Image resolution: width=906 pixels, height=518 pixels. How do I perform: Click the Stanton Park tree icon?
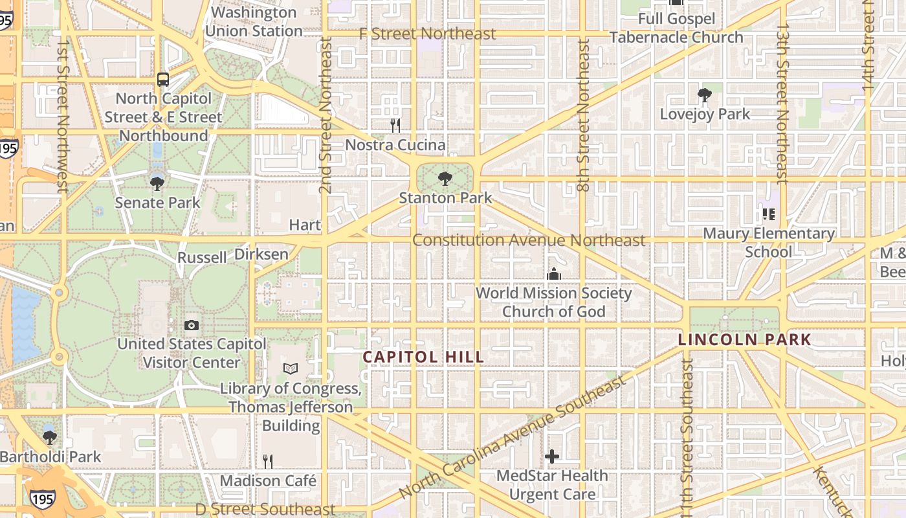click(445, 179)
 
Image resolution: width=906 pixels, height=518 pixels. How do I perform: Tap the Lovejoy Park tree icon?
click(704, 96)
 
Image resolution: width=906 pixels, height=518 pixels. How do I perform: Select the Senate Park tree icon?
click(157, 184)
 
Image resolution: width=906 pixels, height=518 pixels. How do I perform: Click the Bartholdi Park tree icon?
click(50, 438)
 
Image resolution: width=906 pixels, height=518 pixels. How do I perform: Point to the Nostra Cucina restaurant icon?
click(395, 125)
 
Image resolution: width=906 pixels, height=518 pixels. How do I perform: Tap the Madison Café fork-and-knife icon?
click(267, 461)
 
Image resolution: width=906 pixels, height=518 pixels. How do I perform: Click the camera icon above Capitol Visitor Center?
click(191, 325)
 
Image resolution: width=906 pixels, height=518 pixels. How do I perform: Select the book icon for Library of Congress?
click(291, 369)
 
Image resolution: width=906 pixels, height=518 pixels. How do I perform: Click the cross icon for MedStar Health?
click(551, 456)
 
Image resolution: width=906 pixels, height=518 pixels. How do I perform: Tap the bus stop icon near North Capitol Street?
click(163, 80)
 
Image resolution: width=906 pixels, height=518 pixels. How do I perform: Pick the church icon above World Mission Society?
click(553, 275)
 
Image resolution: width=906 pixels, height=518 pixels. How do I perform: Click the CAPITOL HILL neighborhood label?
click(423, 357)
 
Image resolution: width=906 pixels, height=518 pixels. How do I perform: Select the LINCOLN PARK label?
click(744, 339)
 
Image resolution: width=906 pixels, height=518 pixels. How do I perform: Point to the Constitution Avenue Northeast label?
click(529, 240)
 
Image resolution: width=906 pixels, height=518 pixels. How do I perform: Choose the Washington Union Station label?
click(254, 21)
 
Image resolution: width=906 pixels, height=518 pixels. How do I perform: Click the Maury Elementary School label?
click(768, 242)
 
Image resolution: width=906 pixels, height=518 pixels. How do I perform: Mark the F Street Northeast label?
click(427, 34)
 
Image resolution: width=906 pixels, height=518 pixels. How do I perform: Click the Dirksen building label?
click(261, 254)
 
